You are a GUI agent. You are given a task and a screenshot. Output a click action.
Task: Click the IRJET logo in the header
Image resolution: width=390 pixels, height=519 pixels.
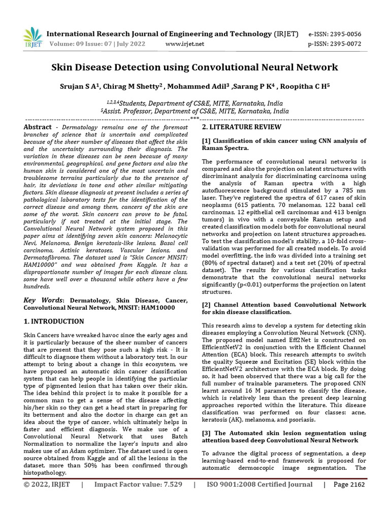tap(33, 38)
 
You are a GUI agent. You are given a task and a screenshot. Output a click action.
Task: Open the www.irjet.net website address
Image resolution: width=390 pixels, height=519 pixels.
tap(185, 44)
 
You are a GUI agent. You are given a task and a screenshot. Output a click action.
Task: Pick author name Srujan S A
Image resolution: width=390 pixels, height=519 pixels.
tap(81, 87)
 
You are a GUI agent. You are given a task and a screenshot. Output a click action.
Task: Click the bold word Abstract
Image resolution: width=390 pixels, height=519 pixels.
tap(38, 127)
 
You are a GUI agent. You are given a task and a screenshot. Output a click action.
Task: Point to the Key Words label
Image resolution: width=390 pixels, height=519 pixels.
tap(43, 301)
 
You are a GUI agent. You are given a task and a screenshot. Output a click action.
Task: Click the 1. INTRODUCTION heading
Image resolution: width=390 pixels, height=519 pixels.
tap(54, 321)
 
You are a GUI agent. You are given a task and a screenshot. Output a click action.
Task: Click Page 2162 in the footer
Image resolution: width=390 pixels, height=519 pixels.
tap(349, 499)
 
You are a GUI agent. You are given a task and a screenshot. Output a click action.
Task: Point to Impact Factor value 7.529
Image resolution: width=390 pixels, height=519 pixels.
tap(138, 499)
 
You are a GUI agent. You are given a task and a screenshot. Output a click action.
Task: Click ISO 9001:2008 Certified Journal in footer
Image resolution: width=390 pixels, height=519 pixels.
tap(259, 499)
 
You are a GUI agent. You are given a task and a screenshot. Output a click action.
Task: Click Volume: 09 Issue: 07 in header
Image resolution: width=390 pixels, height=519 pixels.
tap(96, 44)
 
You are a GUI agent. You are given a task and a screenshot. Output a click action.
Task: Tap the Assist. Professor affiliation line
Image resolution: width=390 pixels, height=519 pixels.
tap(195, 111)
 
